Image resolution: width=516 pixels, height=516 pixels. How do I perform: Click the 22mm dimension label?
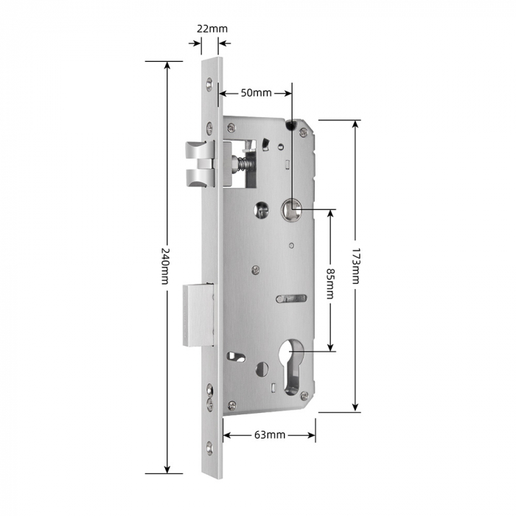coord(212,29)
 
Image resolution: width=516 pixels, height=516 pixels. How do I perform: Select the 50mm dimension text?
coord(256,93)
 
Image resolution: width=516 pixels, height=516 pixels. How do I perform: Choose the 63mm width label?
coord(269,435)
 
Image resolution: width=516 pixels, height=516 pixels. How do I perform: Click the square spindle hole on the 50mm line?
coord(292,211)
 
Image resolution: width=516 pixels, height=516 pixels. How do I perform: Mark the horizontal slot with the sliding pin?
coord(290,299)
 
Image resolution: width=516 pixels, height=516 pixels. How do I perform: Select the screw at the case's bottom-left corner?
coord(231,404)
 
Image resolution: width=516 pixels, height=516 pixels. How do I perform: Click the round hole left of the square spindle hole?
coord(262,211)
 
